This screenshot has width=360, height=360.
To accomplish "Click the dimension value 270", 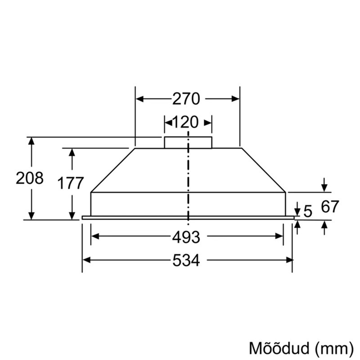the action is pos(186,99).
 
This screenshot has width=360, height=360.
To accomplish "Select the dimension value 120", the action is pos(185,122).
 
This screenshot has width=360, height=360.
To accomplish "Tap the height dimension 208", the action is pos(30,178).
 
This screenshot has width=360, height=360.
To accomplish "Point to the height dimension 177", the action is pos(70,183).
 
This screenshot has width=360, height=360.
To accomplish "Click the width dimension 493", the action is pos(186,237).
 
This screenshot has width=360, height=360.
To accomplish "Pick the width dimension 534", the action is pos(186,261).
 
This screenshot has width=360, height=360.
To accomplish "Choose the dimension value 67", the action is pos(330,207).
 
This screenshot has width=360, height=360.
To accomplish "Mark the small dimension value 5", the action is pos(308,211).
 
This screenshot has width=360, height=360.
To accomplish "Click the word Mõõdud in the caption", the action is pos(279,348).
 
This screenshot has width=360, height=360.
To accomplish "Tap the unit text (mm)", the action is pos(334,349).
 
